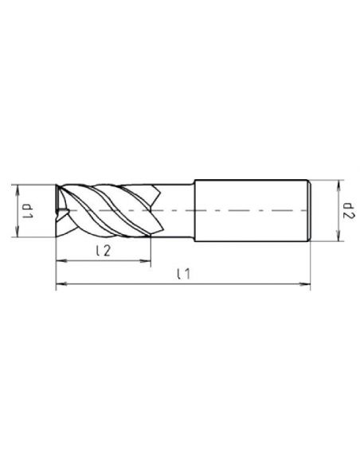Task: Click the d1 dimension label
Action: pyautogui.click(x=29, y=210)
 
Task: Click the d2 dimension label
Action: pyautogui.click(x=348, y=210)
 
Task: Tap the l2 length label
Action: pyautogui.click(x=104, y=251)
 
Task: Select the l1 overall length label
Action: pyautogui.click(x=183, y=274)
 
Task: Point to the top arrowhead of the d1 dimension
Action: pyautogui.click(x=18, y=189)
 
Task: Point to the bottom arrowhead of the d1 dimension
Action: pyautogui.click(x=18, y=232)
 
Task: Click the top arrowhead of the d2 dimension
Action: pyautogui.click(x=338, y=184)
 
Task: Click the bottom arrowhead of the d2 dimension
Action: pyautogui.click(x=338, y=237)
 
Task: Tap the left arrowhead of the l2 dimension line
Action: pyautogui.click(x=61, y=261)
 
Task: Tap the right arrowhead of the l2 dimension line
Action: pyautogui.click(x=147, y=261)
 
